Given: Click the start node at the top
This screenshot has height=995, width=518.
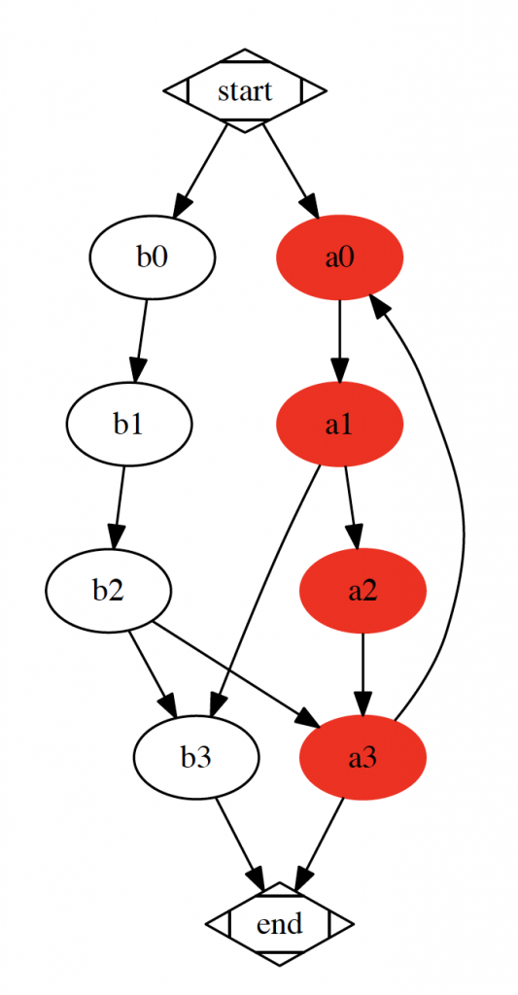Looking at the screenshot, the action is pos(245,90).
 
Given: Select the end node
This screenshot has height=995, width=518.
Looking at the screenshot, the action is pos(279,924).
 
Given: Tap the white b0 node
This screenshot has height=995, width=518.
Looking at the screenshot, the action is pos(153,257).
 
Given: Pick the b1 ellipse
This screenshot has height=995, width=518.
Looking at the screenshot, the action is pos(129,425).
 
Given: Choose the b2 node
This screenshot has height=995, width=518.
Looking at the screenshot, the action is pos(108,591).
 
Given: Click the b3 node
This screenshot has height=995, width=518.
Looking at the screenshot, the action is pos(196,758).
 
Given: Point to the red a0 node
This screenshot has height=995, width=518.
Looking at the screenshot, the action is pos(339,257).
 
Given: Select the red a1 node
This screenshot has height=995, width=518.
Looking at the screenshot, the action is pos(339,425).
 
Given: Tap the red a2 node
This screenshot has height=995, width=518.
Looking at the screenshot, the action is pos(363,591).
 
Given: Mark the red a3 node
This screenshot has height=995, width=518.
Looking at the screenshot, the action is pos(363,758).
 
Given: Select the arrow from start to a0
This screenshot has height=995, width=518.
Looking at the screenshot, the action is pos(291,171).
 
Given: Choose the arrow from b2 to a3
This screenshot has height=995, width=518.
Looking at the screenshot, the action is pos(236,674).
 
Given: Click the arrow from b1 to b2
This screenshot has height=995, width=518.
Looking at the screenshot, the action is pos(119,507).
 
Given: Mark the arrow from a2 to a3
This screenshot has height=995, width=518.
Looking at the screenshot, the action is pos(363,675).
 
